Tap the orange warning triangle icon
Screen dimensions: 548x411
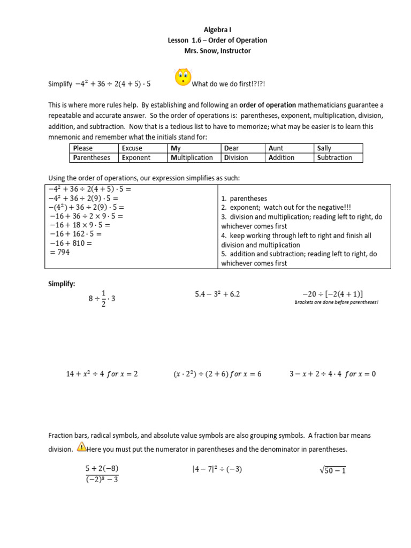pyautogui.click(x=82, y=447)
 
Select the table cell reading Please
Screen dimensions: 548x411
pyautogui.click(x=83, y=148)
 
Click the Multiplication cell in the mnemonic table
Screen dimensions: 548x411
pyautogui.click(x=192, y=158)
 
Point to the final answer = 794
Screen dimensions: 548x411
pyautogui.click(x=60, y=252)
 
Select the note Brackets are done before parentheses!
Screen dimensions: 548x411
pyautogui.click(x=336, y=302)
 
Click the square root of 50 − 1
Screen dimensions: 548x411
pyautogui.click(x=332, y=470)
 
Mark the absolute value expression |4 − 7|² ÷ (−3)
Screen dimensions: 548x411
pyautogui.click(x=217, y=470)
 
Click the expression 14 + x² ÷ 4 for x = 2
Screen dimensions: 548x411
pyautogui.click(x=102, y=374)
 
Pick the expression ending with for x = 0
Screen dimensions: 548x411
pyautogui.click(x=332, y=374)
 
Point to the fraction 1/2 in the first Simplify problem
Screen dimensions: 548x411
pyautogui.click(x=104, y=298)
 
